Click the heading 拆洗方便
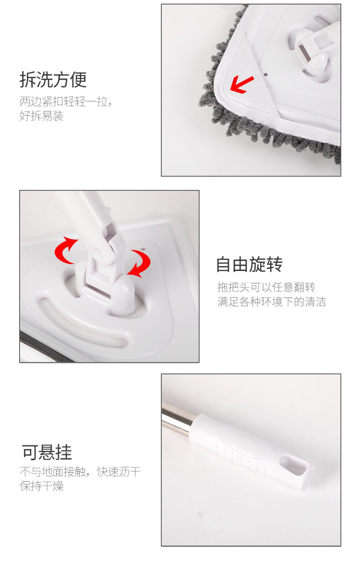coord(53,80)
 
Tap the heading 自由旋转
coord(249,265)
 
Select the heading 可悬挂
coord(47,452)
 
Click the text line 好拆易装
coord(41,116)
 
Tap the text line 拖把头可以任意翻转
coord(266,287)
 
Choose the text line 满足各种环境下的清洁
coord(272,301)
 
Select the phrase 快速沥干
coord(118,471)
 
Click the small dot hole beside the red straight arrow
coord(266,75)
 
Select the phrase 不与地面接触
coord(53,471)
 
